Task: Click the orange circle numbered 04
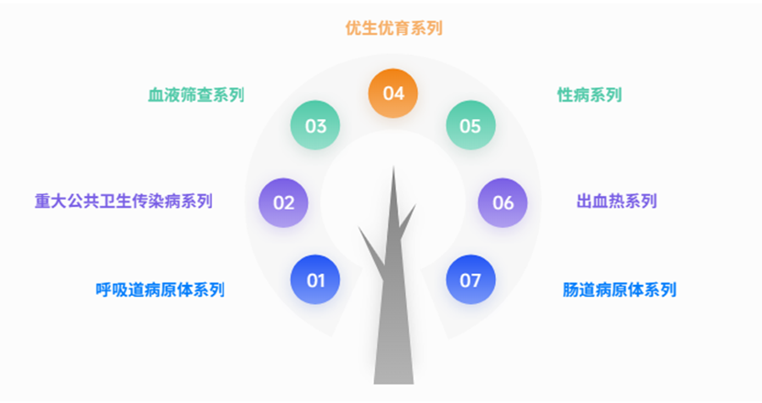pyautogui.click(x=393, y=93)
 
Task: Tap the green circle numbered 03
pyautogui.click(x=315, y=125)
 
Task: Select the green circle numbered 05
pyautogui.click(x=470, y=125)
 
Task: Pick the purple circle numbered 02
pyautogui.click(x=283, y=202)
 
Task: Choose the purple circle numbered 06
pyautogui.click(x=503, y=202)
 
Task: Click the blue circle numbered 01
pyautogui.click(x=315, y=279)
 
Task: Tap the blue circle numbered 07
pyautogui.click(x=470, y=279)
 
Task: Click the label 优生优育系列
pyautogui.click(x=393, y=28)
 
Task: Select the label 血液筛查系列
pyautogui.click(x=196, y=95)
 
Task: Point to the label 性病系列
pyautogui.click(x=590, y=95)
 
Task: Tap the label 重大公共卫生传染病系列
pyautogui.click(x=124, y=201)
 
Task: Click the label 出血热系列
pyautogui.click(x=616, y=201)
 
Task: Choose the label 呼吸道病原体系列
pyautogui.click(x=160, y=290)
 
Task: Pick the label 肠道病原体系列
pyautogui.click(x=620, y=290)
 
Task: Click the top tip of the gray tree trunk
pyautogui.click(x=393, y=169)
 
